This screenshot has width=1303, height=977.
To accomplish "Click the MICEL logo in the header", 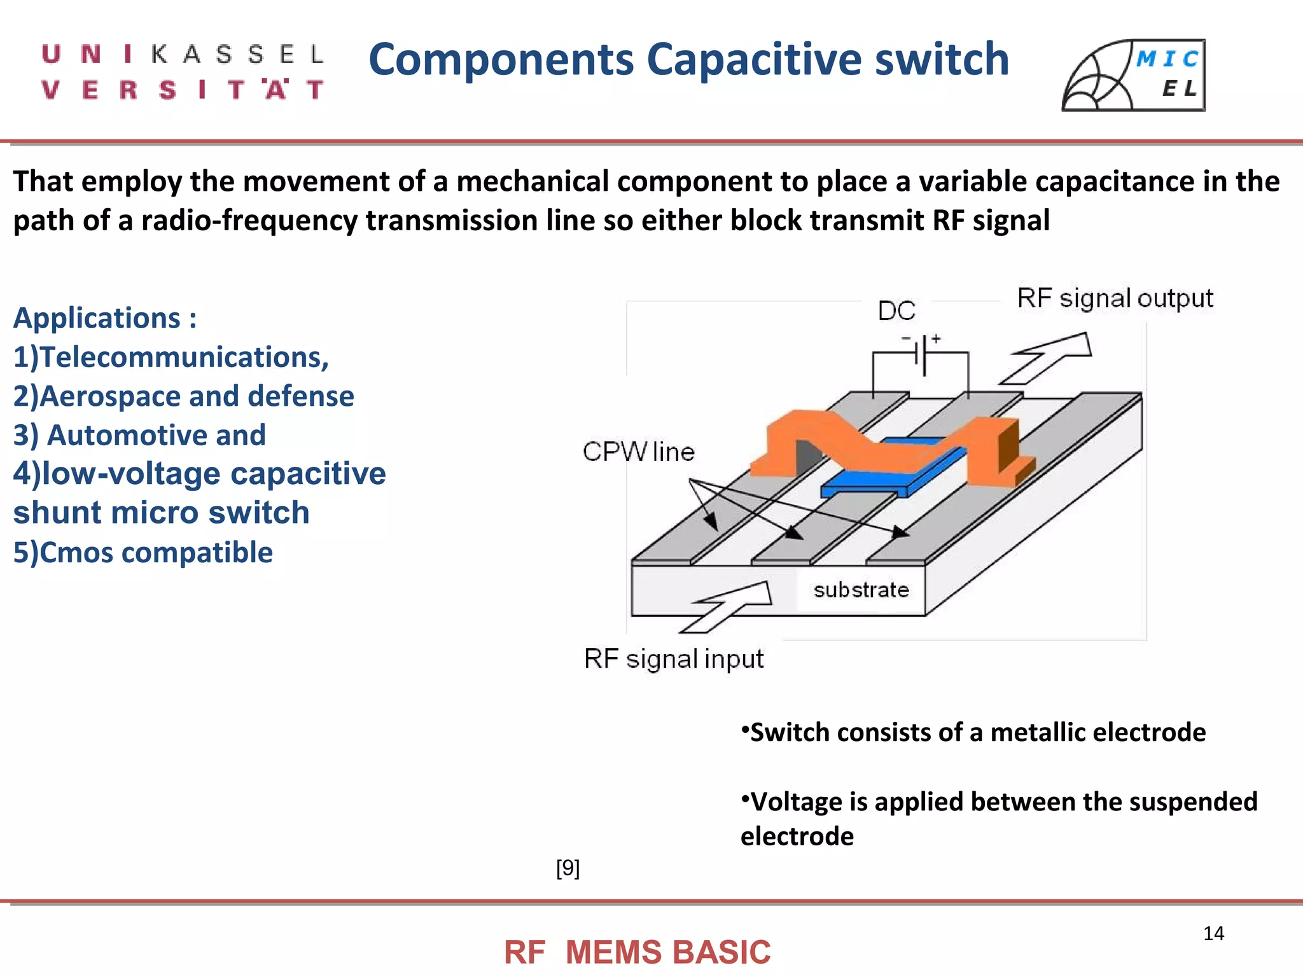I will pyautogui.click(x=1133, y=75).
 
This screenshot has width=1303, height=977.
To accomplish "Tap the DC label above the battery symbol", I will pyautogui.click(x=896, y=310).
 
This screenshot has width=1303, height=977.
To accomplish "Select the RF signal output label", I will pyautogui.click(x=1115, y=298).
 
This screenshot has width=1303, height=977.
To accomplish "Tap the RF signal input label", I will pyautogui.click(x=674, y=659).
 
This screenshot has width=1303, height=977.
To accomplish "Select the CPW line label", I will pyautogui.click(x=638, y=452).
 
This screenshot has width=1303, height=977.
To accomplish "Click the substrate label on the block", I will pyautogui.click(x=861, y=590).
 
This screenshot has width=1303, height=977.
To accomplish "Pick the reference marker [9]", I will pyautogui.click(x=568, y=868).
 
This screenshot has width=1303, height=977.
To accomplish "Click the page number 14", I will pyautogui.click(x=1213, y=933).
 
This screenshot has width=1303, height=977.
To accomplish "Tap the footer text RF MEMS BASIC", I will pyautogui.click(x=637, y=952).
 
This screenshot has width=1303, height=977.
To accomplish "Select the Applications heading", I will pyautogui.click(x=105, y=318).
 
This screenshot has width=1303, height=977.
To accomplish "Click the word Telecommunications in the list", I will pyautogui.click(x=185, y=357).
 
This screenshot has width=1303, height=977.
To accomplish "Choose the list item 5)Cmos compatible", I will pyautogui.click(x=143, y=552).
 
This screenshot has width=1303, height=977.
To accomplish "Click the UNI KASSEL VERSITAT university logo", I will pyautogui.click(x=183, y=72).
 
